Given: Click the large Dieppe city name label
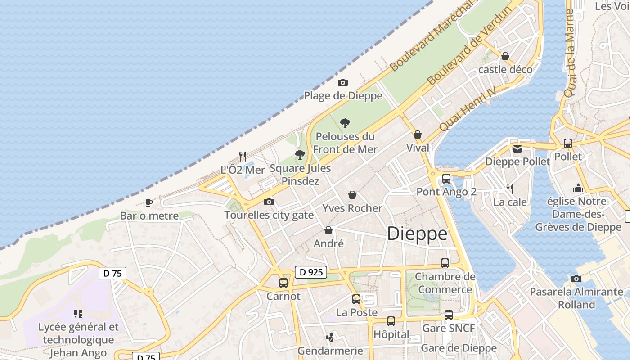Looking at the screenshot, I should [417, 234].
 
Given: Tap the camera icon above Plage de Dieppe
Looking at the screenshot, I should [343, 83].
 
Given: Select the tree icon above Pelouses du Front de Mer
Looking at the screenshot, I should [345, 123].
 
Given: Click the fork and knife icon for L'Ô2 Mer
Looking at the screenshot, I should [243, 157].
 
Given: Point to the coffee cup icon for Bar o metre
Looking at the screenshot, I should [149, 202].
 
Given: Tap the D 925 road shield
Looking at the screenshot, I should [311, 272].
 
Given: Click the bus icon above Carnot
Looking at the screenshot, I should [283, 283].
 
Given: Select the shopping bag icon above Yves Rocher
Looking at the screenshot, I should [352, 195].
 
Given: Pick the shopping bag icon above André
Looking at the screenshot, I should [329, 230].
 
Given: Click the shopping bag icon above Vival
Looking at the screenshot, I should [418, 135].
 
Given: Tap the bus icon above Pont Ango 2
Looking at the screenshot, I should [446, 179].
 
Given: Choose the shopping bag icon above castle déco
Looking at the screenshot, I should [505, 56].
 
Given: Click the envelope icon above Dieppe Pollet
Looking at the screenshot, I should [517, 149].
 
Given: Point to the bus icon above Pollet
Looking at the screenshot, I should [568, 144].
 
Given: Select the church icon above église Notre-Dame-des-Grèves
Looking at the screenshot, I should [578, 188].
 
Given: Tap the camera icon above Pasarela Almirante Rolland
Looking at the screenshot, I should [576, 279].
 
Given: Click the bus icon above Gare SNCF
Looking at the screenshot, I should [449, 315].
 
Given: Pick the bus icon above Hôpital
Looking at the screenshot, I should [391, 321].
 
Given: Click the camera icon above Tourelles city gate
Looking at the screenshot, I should [269, 202].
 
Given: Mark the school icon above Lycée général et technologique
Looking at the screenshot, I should [78, 314].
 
